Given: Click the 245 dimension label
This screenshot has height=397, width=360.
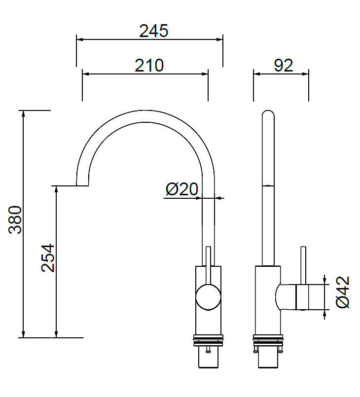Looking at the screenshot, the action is [153, 31].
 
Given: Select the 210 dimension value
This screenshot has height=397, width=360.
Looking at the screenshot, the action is [149, 66].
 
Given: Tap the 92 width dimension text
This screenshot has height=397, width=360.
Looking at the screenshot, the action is [283, 66].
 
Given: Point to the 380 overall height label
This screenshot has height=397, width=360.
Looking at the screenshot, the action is [15, 219].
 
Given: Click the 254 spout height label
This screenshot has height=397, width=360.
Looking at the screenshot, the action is [48, 258].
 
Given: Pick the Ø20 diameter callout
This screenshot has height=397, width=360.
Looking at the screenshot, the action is [182, 189].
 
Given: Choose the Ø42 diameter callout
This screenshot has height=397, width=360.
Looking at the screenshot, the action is [343, 292].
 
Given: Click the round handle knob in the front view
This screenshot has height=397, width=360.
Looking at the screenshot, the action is [208, 297].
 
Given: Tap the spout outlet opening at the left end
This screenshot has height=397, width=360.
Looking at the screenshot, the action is [82, 185].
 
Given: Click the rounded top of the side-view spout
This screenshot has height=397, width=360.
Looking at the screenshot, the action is [268, 114].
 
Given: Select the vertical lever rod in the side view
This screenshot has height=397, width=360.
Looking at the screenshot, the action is [303, 265].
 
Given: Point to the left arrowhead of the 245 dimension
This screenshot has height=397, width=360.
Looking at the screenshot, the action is [79, 39].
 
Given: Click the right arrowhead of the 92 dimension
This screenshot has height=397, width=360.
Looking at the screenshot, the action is [306, 74].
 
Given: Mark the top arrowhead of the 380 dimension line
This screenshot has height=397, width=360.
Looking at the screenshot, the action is [23, 114].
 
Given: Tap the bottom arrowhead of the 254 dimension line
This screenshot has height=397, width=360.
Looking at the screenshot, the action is [56, 334].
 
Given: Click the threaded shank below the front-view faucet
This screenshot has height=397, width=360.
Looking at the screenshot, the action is [208, 357].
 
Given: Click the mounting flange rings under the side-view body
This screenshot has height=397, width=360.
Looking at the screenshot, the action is [268, 340].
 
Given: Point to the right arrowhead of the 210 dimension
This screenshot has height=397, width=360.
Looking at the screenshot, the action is [205, 74].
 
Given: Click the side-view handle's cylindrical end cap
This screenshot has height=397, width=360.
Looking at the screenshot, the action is [302, 297].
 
